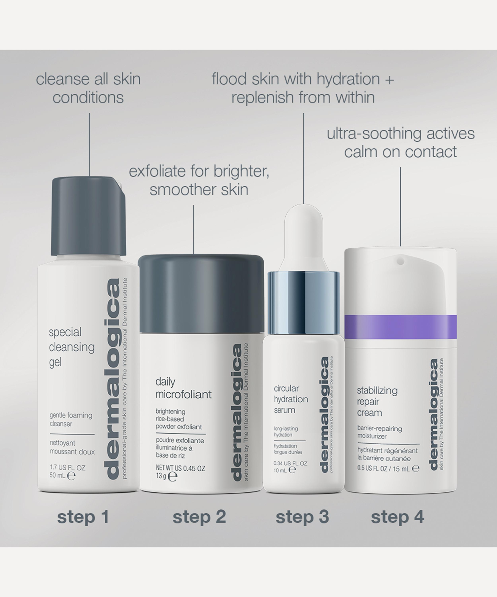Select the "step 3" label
[x=302, y=517]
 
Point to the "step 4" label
[x=397, y=517]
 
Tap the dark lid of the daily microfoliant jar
[x=201, y=293]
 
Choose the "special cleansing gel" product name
[x=72, y=347]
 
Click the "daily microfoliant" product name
[x=183, y=388]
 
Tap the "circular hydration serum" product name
[x=290, y=399]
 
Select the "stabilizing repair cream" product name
[x=377, y=402]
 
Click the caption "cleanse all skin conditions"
[x=88, y=88]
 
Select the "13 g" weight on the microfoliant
[x=161, y=476]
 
